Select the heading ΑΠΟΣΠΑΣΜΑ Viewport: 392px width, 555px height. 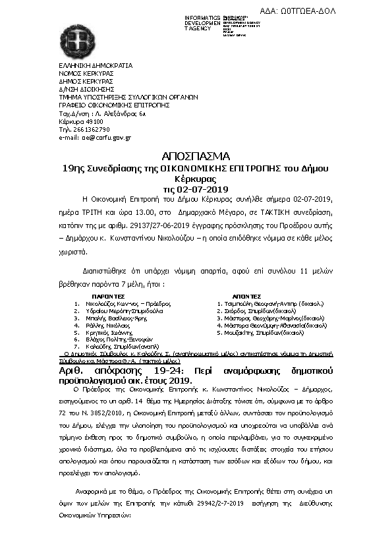pyautogui.click(x=196, y=156)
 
